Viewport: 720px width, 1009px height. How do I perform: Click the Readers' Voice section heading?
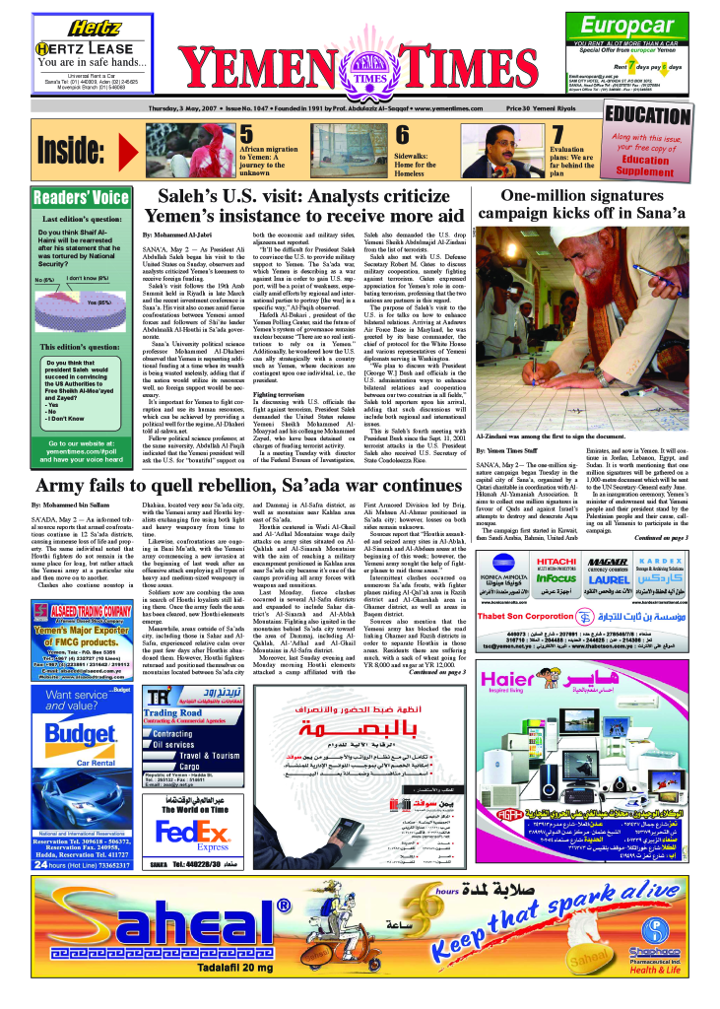coord(82,197)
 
